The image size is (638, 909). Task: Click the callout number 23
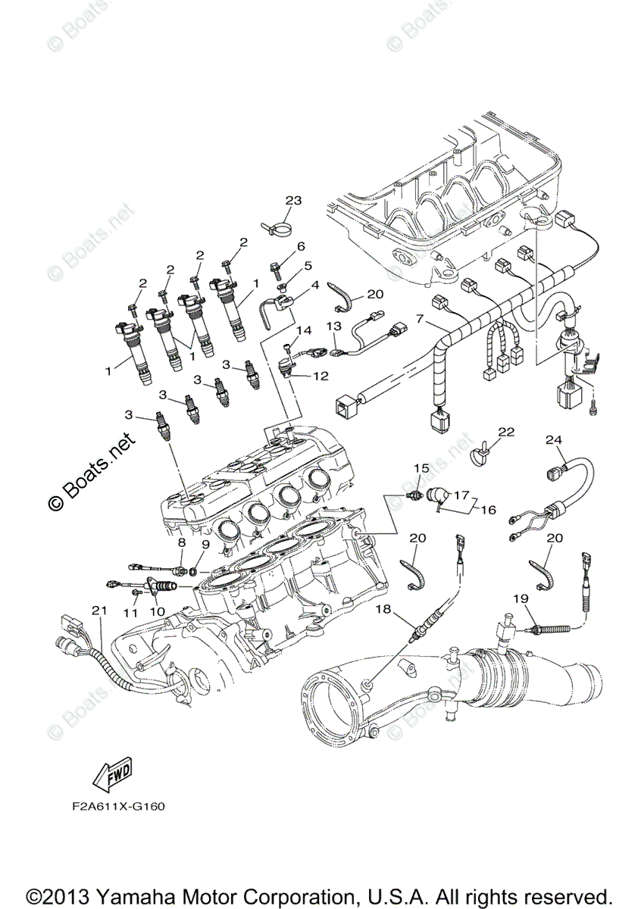click(292, 201)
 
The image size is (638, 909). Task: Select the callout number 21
click(96, 611)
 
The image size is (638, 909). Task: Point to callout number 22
click(505, 433)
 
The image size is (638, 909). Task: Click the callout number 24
click(554, 440)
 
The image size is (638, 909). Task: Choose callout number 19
click(520, 598)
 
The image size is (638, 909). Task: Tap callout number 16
click(488, 510)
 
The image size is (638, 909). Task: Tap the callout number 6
click(300, 247)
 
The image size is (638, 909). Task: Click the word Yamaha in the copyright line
click(144, 892)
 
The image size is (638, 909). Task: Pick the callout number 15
click(421, 467)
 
